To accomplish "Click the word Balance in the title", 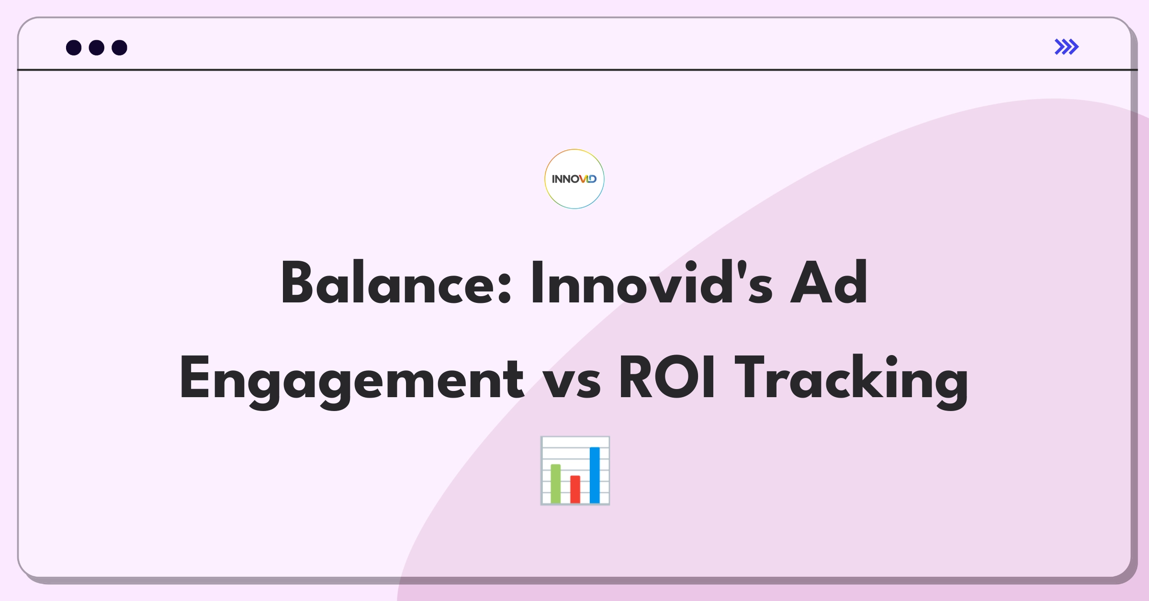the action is click(x=396, y=282).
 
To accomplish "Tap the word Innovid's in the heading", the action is click(x=652, y=282).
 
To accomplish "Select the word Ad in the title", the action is click(x=829, y=282).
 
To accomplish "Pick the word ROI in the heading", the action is click(x=667, y=377).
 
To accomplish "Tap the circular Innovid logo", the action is click(x=574, y=179).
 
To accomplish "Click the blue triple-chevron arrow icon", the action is click(x=1066, y=47).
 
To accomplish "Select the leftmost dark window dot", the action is click(x=74, y=47).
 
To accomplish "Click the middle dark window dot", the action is click(x=97, y=47).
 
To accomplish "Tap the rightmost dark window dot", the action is click(x=119, y=47).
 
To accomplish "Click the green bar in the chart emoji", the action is click(x=555, y=483).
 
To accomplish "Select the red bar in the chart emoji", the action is click(x=575, y=489).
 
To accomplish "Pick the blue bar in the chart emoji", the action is click(x=595, y=475).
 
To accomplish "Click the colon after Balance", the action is click(x=505, y=289).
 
